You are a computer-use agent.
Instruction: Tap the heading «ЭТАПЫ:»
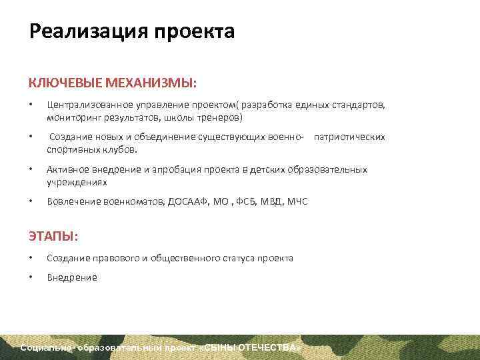53,237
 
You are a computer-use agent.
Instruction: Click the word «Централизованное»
85,105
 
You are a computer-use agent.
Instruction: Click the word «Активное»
67,169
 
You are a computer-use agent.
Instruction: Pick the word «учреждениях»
77,181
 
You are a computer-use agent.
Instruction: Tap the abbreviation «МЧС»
297,201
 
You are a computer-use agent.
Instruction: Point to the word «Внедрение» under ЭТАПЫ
72,277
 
